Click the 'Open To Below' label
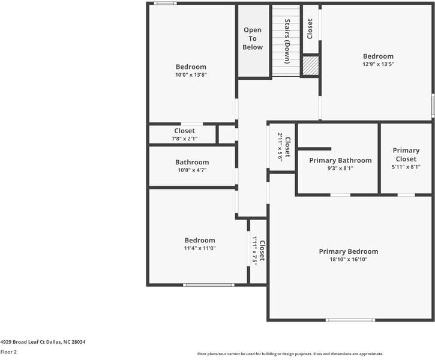[x=253, y=38]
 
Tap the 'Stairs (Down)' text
[x=287, y=41]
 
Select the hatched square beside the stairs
[x=310, y=65]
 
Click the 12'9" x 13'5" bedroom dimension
[x=378, y=64]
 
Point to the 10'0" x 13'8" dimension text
[x=191, y=75]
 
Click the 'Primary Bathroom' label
[x=340, y=160]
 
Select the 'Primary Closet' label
[x=406, y=155]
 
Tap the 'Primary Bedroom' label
[x=349, y=251]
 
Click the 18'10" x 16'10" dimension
[x=349, y=260]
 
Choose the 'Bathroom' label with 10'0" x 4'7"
[x=192, y=162]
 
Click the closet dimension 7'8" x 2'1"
[x=185, y=139]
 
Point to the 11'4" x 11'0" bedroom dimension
[x=200, y=248]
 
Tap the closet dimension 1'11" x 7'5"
[x=254, y=252]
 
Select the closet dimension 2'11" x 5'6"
[x=280, y=147]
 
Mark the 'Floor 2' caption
[x=8, y=352]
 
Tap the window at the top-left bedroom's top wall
[x=165, y=4]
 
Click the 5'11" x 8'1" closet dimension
[x=406, y=167]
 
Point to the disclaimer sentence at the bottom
[x=290, y=354]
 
